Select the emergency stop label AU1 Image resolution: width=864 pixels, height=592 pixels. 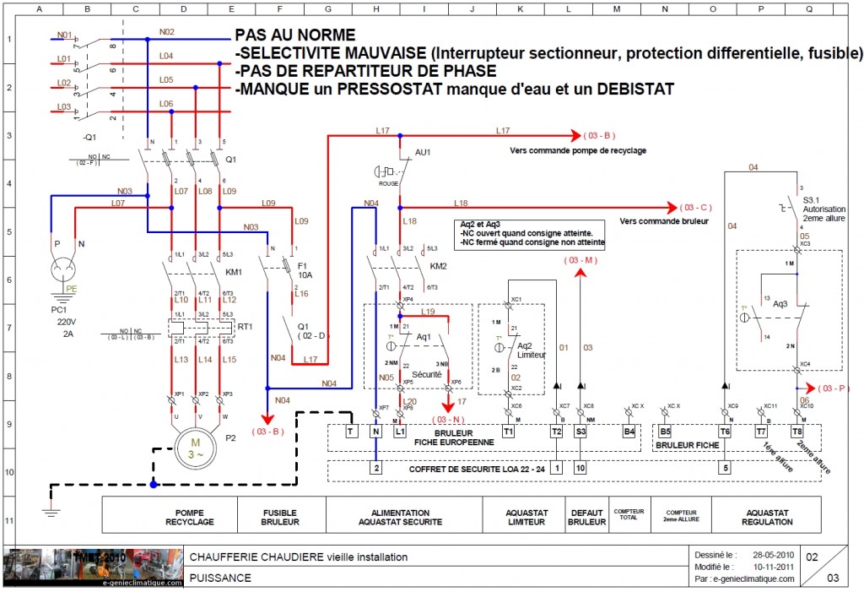423,153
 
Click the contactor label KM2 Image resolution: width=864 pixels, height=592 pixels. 437,265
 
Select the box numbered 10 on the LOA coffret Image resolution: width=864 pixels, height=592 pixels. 580,467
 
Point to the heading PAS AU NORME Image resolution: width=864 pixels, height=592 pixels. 295,35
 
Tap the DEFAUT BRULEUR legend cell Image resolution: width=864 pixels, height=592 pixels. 587,517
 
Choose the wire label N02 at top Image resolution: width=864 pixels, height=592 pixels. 166,32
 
